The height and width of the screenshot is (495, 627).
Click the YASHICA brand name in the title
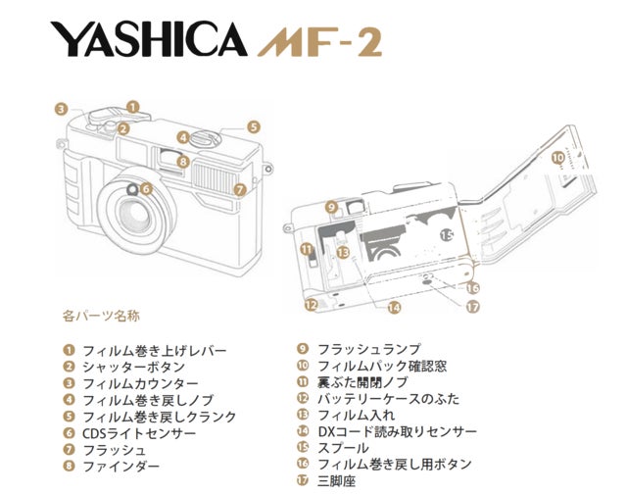[149, 39]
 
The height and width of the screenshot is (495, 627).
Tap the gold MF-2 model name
[320, 41]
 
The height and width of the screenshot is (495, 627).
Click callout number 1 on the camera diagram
[133, 107]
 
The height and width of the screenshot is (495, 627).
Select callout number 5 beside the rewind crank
[254, 127]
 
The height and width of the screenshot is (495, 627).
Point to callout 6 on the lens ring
[146, 188]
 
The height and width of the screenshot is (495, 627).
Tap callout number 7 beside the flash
[240, 189]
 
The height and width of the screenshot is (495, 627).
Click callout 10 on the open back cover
[558, 157]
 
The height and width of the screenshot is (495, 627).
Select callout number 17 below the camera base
[472, 307]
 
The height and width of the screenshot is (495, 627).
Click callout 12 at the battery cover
[312, 305]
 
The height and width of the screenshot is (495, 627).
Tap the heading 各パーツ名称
[101, 317]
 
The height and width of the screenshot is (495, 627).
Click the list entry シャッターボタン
[133, 367]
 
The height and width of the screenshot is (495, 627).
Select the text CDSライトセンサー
[139, 433]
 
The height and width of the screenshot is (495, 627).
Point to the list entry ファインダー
[121, 467]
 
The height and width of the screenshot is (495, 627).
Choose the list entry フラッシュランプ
[368, 349]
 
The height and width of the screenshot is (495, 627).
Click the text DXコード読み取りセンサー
[397, 431]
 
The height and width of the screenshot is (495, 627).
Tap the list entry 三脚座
[336, 480]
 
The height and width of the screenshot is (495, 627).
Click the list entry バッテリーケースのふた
[388, 399]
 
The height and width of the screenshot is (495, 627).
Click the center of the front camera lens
[135, 216]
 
